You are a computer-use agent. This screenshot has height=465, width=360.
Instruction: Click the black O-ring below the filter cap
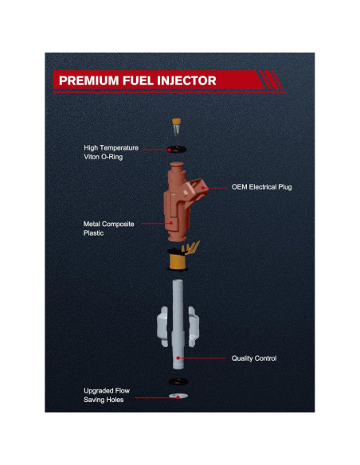(x=177, y=148)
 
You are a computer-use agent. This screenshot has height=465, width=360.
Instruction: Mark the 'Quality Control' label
(x=253, y=358)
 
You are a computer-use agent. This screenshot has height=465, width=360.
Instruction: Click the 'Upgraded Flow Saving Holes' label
(x=107, y=395)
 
